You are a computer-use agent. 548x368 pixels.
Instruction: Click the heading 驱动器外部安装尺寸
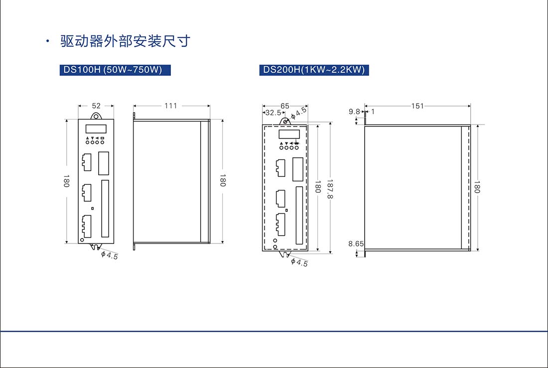click(x=125, y=41)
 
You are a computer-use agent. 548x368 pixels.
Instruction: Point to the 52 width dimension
click(x=96, y=106)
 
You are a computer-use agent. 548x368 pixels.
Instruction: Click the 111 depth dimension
click(x=171, y=106)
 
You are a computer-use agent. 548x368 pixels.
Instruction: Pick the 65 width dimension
click(x=285, y=106)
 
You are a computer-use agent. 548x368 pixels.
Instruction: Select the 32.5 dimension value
click(x=273, y=113)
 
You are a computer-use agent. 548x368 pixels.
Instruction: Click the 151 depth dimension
click(x=417, y=106)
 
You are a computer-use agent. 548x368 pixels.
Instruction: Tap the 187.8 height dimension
click(x=329, y=188)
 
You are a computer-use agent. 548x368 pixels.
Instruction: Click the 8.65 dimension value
click(x=356, y=244)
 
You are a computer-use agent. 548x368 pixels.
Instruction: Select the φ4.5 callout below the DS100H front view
click(x=110, y=255)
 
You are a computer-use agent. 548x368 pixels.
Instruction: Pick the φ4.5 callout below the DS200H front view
click(x=299, y=262)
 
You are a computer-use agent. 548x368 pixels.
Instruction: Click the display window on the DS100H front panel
click(x=95, y=128)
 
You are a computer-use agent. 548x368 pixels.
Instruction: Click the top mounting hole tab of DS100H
click(x=96, y=116)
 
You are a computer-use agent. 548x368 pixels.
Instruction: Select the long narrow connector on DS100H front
click(x=105, y=209)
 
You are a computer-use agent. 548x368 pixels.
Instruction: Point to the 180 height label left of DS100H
click(x=66, y=181)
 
